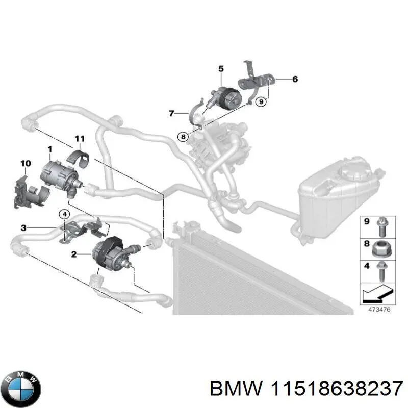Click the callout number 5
pyautogui.click(x=221, y=68)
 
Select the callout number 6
pyautogui.click(x=295, y=79)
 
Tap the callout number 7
pyautogui.click(x=171, y=113)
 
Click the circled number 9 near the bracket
pyautogui.click(x=261, y=102)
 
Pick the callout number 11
pyautogui.click(x=79, y=139)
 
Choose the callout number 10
pyautogui.click(x=25, y=163)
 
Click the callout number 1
pyautogui.click(x=50, y=149)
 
